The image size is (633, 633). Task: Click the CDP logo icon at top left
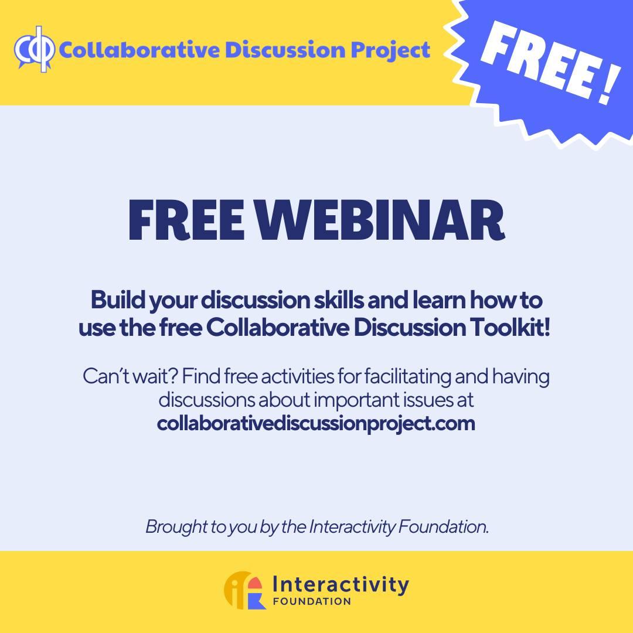click(x=35, y=49)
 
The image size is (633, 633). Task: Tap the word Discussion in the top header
click(x=285, y=50)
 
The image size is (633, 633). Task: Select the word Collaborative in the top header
click(x=139, y=50)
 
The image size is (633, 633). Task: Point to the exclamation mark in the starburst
click(x=609, y=86)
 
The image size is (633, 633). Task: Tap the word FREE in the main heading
click(x=186, y=220)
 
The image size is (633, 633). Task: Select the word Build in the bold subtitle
click(x=117, y=300)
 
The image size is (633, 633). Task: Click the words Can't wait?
click(x=130, y=376)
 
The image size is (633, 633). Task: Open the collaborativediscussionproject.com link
click(x=316, y=424)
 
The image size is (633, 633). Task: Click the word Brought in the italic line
click(x=176, y=527)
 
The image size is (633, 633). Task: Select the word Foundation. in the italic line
click(x=443, y=526)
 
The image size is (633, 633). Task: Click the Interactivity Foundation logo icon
click(x=245, y=590)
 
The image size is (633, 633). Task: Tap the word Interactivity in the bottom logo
click(x=341, y=585)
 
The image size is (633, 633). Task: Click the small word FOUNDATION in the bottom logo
click(x=312, y=601)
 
